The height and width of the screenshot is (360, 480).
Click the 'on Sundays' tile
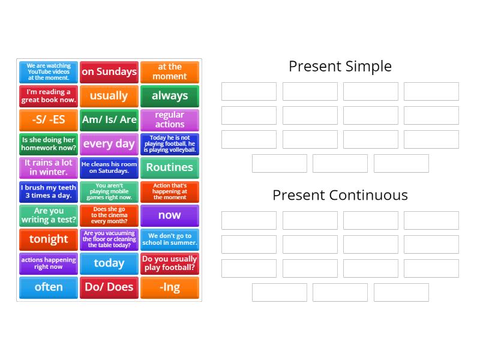(109, 72)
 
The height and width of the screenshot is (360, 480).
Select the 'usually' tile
(109, 96)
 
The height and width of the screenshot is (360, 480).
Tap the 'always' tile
(170, 96)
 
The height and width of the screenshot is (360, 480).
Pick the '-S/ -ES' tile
(49, 119)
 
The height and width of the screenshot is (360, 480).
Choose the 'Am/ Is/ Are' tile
(109, 119)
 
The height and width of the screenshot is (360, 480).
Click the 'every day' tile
(109, 143)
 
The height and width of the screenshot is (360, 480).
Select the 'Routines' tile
(170, 167)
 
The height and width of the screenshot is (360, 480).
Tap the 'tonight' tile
(49, 239)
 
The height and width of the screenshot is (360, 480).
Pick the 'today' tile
(109, 263)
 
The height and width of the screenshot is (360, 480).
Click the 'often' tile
(49, 287)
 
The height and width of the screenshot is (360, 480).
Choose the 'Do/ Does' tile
(109, 287)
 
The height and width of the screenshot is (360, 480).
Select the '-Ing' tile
(170, 287)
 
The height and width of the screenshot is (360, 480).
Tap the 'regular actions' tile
(170, 119)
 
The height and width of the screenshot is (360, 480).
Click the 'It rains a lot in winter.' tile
(49, 167)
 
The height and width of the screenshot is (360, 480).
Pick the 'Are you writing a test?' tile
(49, 215)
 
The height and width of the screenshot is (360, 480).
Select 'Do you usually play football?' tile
(170, 263)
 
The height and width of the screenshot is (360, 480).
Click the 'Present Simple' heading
(340, 66)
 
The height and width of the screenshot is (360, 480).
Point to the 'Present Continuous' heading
(340, 195)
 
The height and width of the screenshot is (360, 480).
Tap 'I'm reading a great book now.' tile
(49, 96)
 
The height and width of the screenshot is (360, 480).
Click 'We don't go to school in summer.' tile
(170, 239)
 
